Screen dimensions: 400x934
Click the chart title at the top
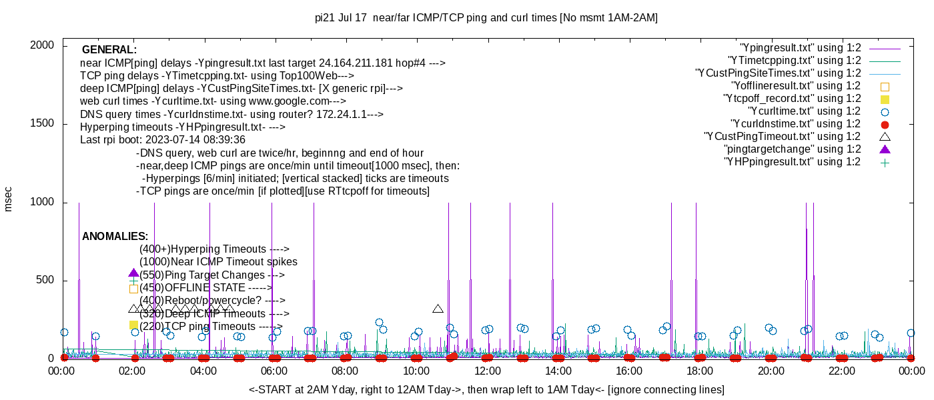(x=486, y=18)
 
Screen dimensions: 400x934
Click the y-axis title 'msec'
(x=9, y=199)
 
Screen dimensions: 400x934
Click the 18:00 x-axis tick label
(x=700, y=371)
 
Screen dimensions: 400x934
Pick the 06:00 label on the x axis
(x=274, y=371)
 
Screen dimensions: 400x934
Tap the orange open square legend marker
(x=885, y=86)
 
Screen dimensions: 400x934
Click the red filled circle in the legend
(x=885, y=124)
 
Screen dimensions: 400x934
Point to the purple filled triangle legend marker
(x=885, y=149)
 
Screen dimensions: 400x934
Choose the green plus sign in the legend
(x=885, y=162)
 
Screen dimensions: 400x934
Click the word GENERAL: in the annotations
(x=109, y=50)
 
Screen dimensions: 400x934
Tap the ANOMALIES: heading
(x=115, y=237)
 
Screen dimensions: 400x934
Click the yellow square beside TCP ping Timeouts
(x=133, y=325)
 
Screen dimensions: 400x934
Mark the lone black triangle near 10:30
(x=438, y=309)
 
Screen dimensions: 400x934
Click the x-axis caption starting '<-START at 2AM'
(x=486, y=389)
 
